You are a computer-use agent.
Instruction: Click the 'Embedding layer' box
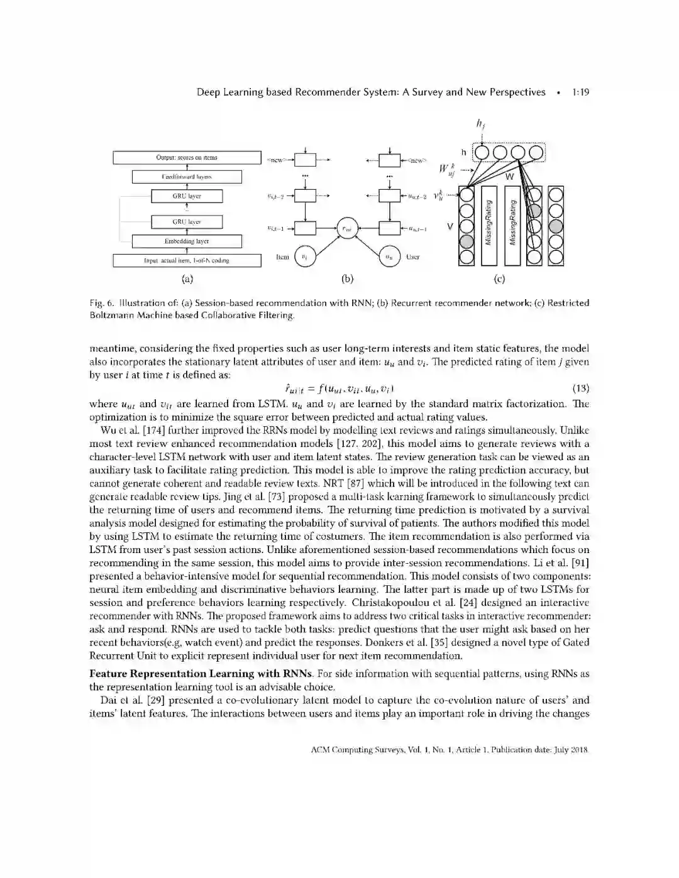pyautogui.click(x=187, y=241)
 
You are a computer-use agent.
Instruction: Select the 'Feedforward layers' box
pyautogui.click(x=187, y=177)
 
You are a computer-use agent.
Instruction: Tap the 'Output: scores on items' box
pyautogui.click(x=187, y=158)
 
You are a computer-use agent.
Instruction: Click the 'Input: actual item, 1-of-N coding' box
pyautogui.click(x=187, y=260)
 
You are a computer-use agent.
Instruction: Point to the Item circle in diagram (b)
pyautogui.click(x=304, y=256)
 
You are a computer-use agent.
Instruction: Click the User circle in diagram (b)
pyautogui.click(x=390, y=256)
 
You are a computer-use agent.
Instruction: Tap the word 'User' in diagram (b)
pyautogui.click(x=413, y=257)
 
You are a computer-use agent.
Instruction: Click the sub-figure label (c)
pyautogui.click(x=500, y=279)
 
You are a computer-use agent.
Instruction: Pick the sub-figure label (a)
pyautogui.click(x=187, y=279)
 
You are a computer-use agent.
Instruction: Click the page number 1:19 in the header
pyautogui.click(x=580, y=92)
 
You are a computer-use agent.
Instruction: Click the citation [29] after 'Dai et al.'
pyautogui.click(x=156, y=700)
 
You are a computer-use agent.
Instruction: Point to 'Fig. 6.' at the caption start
pyautogui.click(x=101, y=303)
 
